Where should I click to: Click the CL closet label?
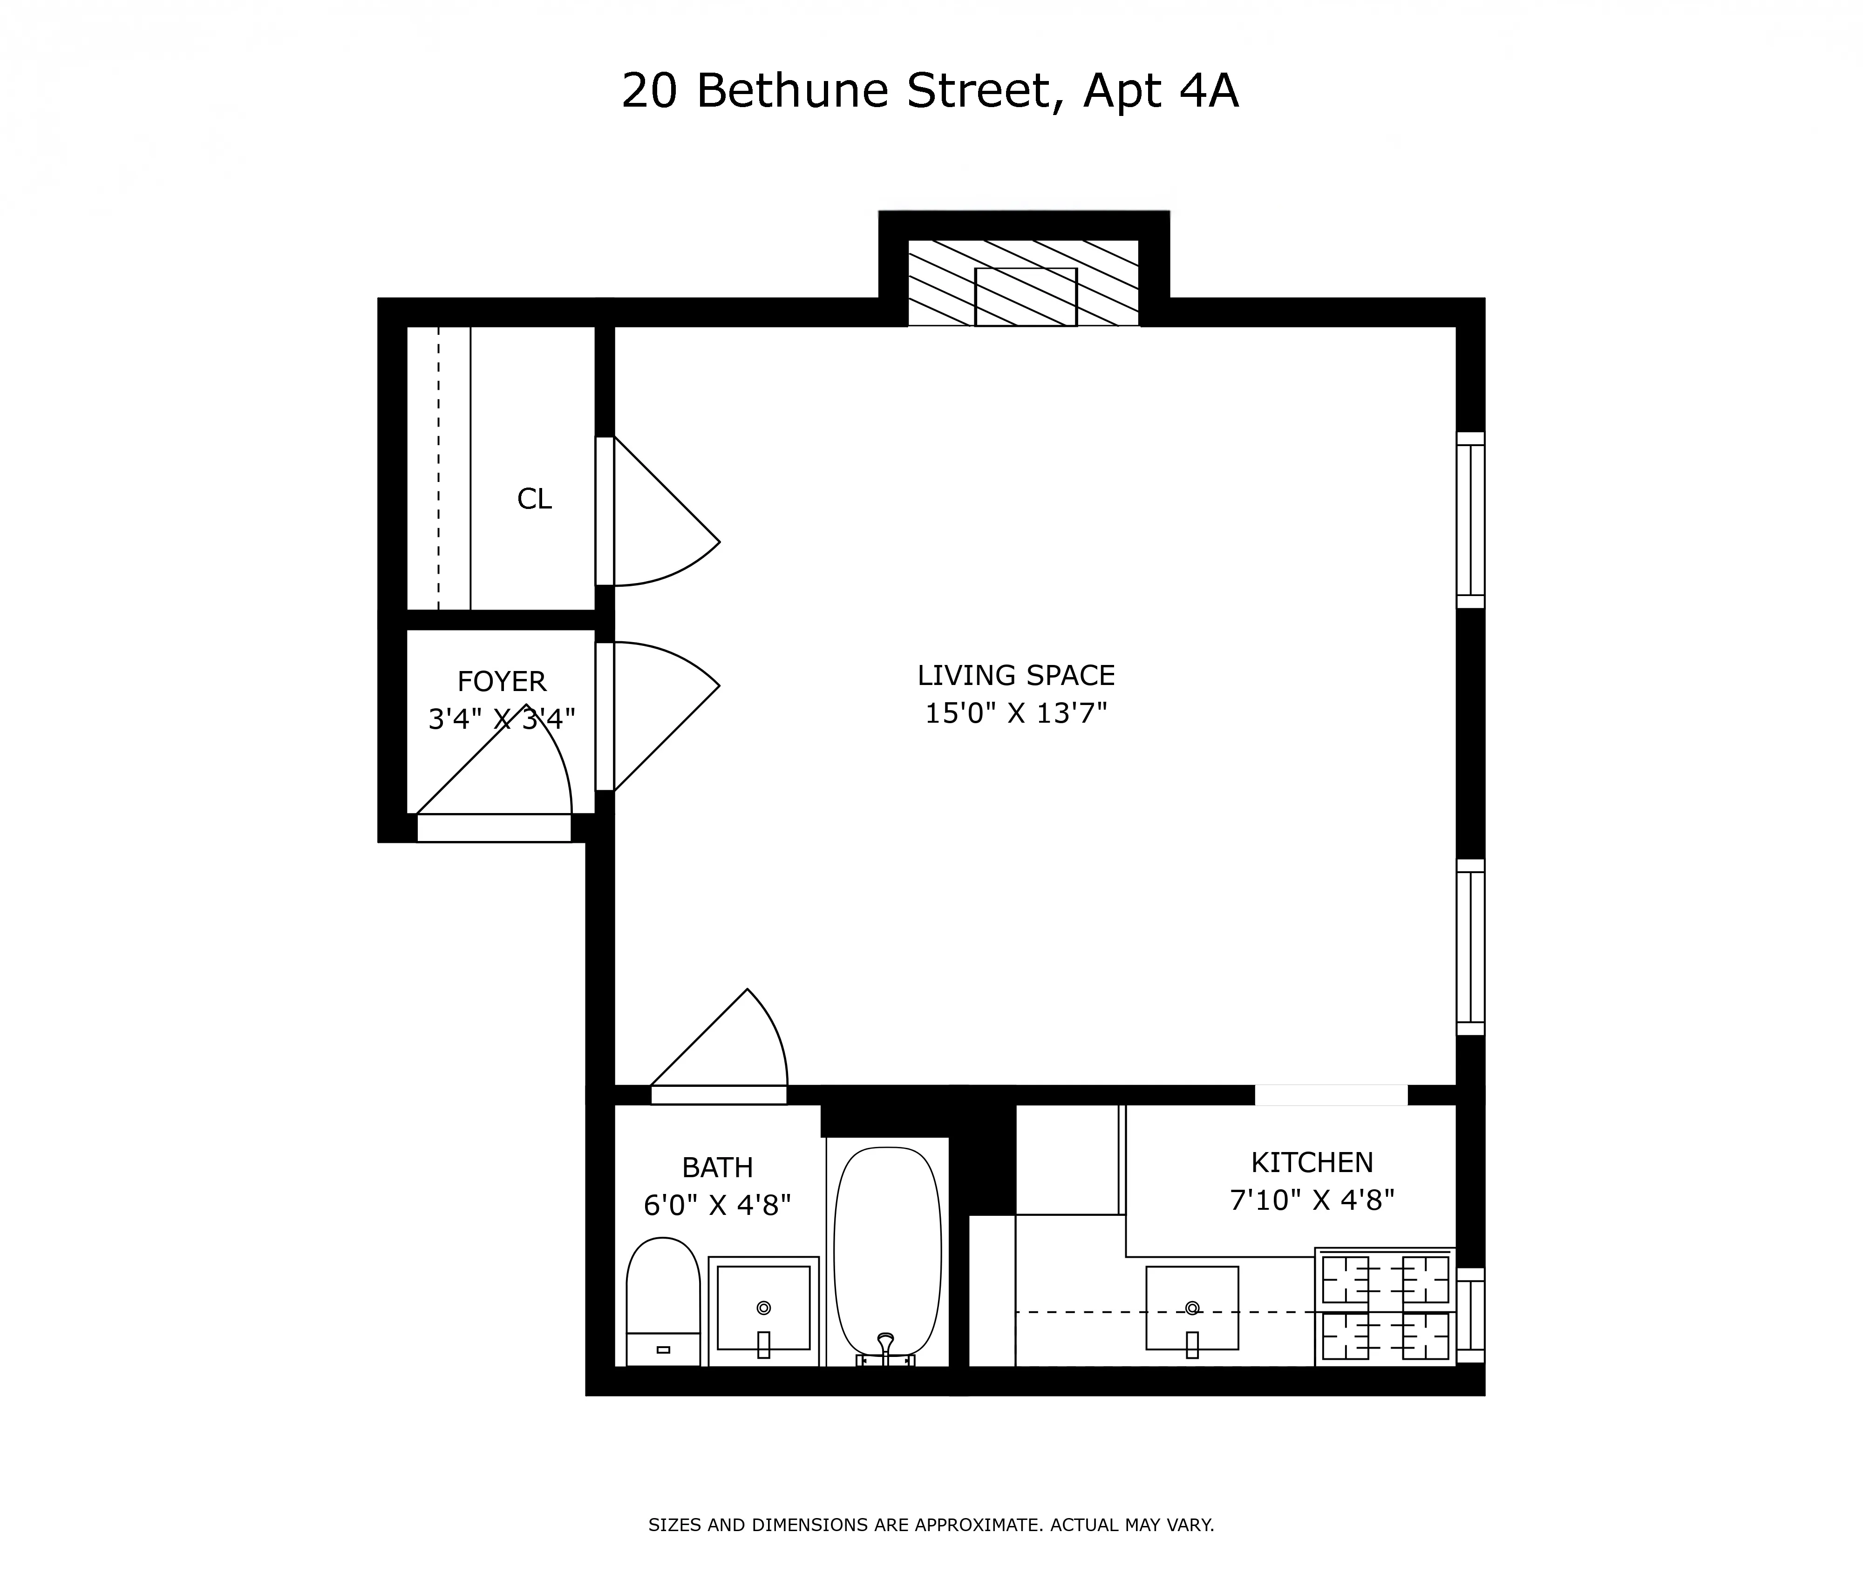point(534,498)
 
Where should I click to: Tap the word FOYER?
point(501,681)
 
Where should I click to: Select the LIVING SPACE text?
point(1016,675)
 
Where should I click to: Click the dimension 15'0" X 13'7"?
point(1016,713)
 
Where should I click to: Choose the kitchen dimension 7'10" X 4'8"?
point(1312,1200)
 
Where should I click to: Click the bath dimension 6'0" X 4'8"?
point(717,1206)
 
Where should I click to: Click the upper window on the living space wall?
point(1470,520)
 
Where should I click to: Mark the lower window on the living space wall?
point(1470,947)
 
